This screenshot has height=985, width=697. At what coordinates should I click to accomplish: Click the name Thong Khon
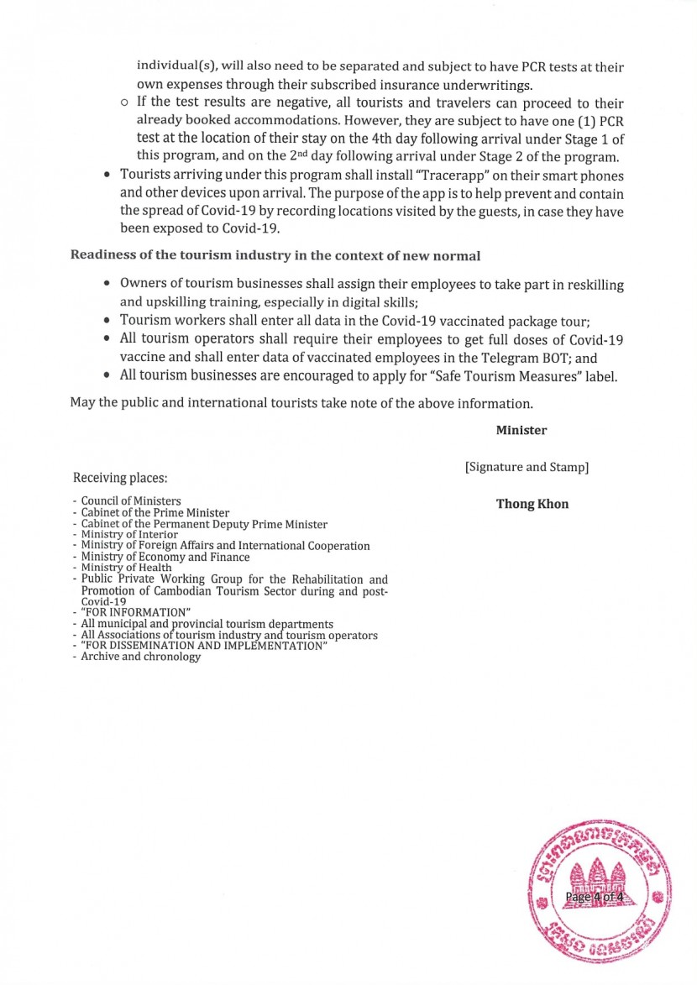(x=532, y=505)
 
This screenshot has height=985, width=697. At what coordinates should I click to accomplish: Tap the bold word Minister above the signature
(x=521, y=430)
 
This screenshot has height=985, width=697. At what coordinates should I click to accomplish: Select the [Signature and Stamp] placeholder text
(x=527, y=467)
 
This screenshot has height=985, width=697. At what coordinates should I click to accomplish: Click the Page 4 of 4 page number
(x=594, y=897)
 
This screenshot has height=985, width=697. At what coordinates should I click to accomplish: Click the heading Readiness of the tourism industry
(x=275, y=255)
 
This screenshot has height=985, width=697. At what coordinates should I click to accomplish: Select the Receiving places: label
(x=120, y=478)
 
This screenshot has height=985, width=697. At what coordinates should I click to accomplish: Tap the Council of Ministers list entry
(x=131, y=501)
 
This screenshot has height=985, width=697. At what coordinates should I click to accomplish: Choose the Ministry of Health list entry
(x=126, y=568)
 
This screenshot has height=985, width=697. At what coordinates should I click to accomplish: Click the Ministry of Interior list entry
(x=129, y=534)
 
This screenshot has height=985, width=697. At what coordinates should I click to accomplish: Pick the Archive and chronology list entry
(x=140, y=657)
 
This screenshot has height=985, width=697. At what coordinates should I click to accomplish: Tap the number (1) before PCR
(x=590, y=122)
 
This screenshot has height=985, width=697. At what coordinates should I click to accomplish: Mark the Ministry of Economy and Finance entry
(x=165, y=557)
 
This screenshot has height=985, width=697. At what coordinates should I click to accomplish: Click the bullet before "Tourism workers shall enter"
(x=107, y=320)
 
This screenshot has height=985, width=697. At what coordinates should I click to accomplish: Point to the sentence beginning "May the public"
(x=301, y=403)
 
